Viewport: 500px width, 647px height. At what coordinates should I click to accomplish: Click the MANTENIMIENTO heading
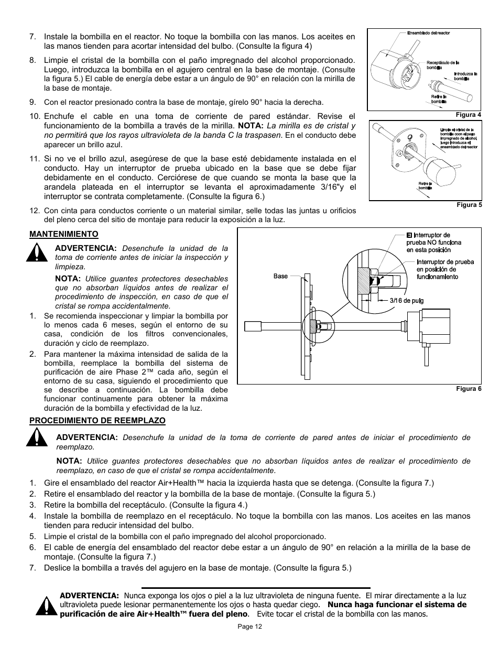(x=63, y=234)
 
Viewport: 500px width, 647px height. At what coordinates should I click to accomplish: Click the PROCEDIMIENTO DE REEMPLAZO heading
(x=97, y=421)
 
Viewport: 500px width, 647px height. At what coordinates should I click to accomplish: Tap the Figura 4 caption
(x=469, y=115)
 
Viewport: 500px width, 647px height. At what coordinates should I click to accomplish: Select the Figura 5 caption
(x=469, y=205)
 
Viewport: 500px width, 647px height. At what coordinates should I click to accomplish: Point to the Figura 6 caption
(x=469, y=389)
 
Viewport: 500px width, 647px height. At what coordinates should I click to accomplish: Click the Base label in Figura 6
(x=280, y=276)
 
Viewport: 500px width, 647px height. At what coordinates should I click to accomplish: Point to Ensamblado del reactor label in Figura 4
(x=428, y=34)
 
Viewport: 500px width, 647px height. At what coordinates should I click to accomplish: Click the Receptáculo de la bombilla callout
(x=442, y=65)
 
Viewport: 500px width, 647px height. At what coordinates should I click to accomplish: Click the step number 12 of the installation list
(x=35, y=211)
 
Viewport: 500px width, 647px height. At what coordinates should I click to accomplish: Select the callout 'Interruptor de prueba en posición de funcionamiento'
(x=445, y=269)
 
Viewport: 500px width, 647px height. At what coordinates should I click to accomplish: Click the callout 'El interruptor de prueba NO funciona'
(x=434, y=243)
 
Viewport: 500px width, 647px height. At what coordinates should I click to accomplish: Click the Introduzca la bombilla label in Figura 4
(x=465, y=76)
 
